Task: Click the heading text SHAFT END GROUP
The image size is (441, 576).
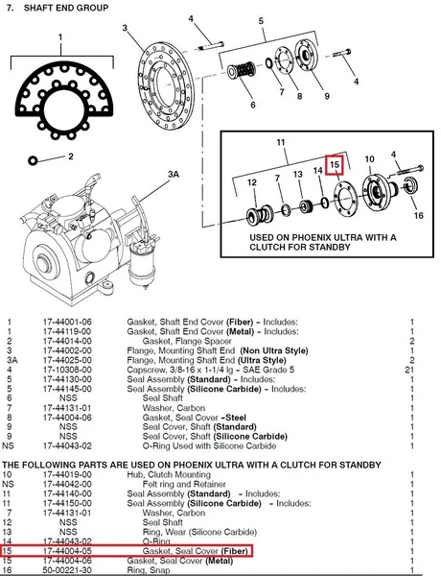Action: [x=66, y=8]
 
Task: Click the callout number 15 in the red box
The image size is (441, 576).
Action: [x=335, y=164]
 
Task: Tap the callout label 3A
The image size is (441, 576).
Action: [x=174, y=174]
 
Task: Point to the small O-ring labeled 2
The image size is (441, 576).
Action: [x=33, y=160]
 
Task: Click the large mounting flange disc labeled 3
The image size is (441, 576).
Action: [x=165, y=85]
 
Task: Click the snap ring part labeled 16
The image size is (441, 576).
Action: [x=410, y=186]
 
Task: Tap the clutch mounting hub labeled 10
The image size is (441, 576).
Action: [x=380, y=193]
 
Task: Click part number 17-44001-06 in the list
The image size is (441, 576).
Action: [x=67, y=323]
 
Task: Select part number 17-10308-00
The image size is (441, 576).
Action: [x=67, y=370]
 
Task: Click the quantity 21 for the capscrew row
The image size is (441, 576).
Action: [x=409, y=370]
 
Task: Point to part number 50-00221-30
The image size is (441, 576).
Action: [x=67, y=570]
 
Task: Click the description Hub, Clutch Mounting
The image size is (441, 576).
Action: [x=169, y=474]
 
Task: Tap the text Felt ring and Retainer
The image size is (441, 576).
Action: [x=184, y=484]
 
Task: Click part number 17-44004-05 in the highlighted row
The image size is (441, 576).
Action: [x=67, y=551]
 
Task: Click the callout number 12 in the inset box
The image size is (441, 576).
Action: [x=252, y=182]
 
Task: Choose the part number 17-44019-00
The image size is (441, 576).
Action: [x=67, y=474]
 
